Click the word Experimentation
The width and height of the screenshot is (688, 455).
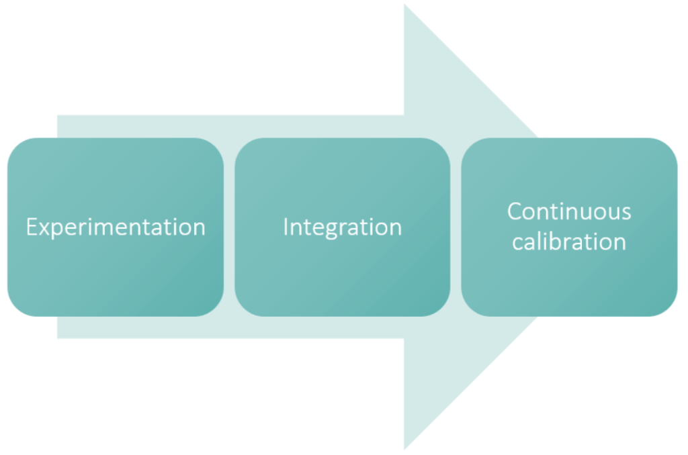pos(116,227)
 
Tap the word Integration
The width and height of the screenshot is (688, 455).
pos(342,227)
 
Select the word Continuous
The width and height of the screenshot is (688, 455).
pos(569,211)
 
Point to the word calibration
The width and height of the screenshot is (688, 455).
pos(569,241)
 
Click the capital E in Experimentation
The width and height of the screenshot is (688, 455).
pos(32,227)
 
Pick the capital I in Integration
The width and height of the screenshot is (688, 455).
pos(286,227)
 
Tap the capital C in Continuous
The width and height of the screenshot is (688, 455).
pos(515,211)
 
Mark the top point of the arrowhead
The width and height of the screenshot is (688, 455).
pos(404,6)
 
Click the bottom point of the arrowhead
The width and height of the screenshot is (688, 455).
pos(404,448)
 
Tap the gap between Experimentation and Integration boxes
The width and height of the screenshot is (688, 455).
pos(229,227)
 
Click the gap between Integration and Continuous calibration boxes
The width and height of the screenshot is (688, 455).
pos(456,227)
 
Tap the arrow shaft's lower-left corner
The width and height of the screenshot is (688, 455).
pos(58,337)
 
